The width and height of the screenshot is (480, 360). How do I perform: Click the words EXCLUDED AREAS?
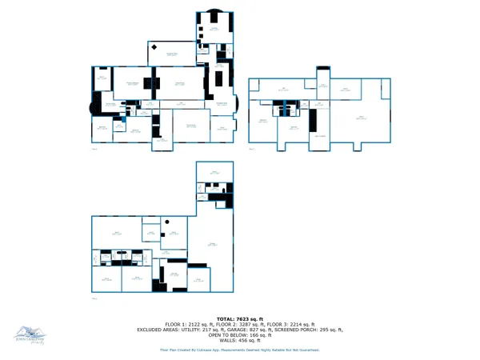[x=157, y=329]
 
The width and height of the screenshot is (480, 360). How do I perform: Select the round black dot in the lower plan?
[x=167, y=221]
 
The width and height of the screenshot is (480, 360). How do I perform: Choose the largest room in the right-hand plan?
[x=362, y=118]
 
